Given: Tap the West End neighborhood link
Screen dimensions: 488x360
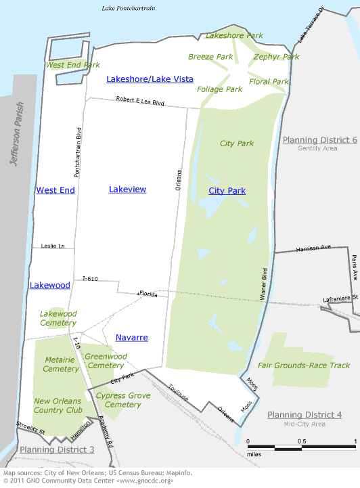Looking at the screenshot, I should (55, 190).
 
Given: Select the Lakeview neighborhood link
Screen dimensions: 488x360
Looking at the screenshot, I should (127, 190).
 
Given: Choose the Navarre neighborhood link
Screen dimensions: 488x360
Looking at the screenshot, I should (131, 337).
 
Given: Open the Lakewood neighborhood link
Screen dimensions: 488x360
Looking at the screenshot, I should (50, 285).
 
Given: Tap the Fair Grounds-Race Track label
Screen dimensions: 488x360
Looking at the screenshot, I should (303, 365).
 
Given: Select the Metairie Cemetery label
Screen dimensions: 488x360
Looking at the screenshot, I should (61, 364).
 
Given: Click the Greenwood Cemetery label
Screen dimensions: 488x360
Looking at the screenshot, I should (106, 361).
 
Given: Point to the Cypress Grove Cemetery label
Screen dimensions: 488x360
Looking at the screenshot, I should (118, 400).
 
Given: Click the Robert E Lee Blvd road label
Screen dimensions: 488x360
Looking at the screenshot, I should (140, 102).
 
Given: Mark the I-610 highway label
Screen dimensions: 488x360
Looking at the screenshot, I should (91, 278).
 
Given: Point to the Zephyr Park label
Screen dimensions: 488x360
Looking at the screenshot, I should (276, 57).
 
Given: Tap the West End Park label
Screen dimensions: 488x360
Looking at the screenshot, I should (72, 65).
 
